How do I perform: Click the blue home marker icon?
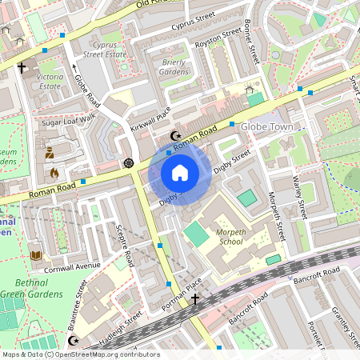180,173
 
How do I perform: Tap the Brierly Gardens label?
173,66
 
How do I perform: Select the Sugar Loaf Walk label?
69,119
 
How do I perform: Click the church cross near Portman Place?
194,299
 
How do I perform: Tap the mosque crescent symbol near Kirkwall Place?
177,136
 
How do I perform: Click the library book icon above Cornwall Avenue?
35,256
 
